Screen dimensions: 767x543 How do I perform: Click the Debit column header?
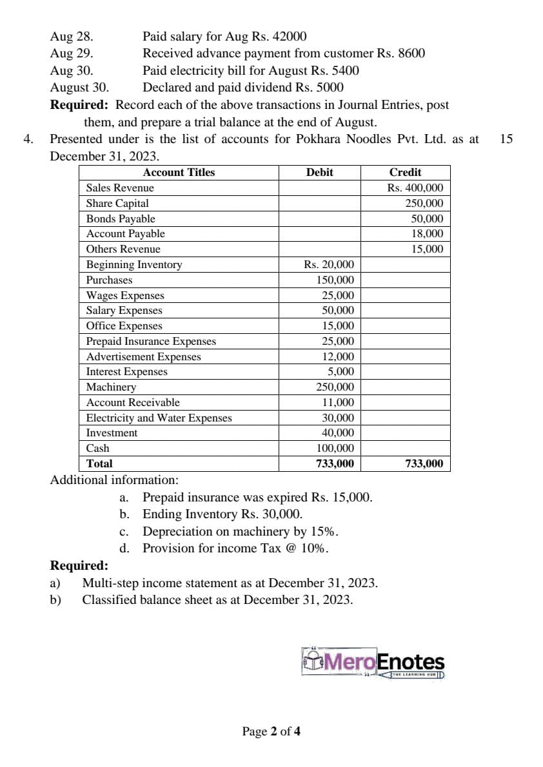(320, 172)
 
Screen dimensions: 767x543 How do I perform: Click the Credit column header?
(405, 172)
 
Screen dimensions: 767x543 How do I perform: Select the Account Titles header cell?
(179, 172)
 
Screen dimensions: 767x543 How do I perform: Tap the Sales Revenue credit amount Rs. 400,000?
(415, 188)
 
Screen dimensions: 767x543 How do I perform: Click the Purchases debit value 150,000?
(335, 280)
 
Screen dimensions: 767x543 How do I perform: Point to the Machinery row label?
(111, 387)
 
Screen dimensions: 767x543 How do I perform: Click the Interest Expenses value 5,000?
(341, 371)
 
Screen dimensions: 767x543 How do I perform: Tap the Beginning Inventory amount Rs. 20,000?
(328, 264)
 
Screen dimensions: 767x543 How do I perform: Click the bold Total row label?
(99, 463)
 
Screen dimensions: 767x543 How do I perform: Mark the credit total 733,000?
(424, 463)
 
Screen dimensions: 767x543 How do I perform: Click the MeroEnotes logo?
(373, 663)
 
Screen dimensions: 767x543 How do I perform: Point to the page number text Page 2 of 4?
(271, 731)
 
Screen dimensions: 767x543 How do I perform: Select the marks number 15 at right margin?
(506, 139)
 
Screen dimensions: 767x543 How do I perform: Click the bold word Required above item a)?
(79, 566)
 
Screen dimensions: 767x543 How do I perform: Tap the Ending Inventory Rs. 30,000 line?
(222, 514)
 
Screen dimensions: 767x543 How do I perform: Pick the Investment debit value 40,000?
(337, 432)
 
